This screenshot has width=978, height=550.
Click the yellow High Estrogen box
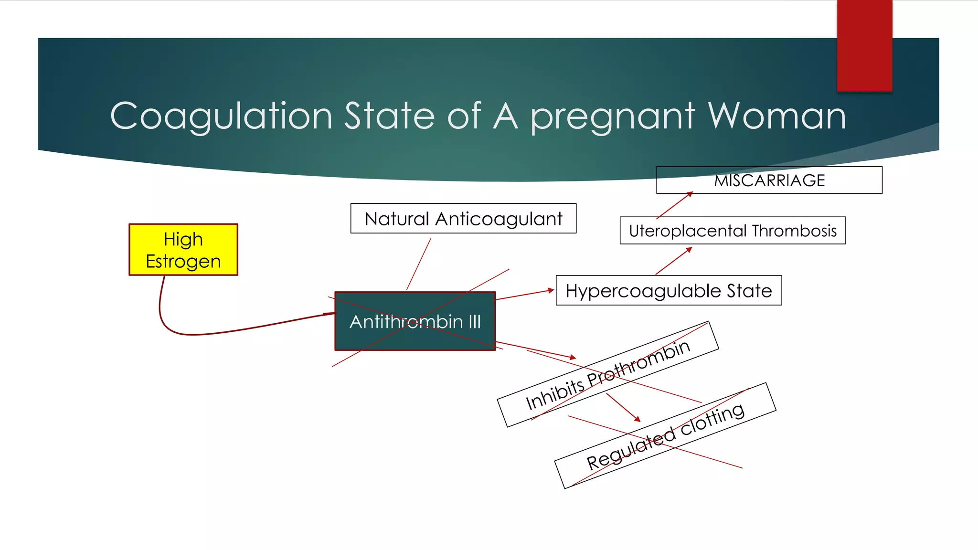point(183,250)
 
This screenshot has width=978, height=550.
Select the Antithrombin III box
point(415,321)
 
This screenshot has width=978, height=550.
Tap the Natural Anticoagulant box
point(463,219)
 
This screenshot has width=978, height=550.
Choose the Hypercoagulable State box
point(669,290)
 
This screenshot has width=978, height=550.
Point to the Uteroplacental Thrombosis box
point(733,231)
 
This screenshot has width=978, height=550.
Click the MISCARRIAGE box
point(769,180)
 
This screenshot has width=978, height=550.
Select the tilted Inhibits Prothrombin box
point(607,374)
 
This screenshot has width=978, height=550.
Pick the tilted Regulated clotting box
point(665,435)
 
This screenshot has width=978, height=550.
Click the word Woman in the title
point(777,116)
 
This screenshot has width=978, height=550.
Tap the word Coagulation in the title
point(221,116)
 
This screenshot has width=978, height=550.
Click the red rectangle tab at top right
point(864,45)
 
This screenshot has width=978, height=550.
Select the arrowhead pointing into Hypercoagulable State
point(551,290)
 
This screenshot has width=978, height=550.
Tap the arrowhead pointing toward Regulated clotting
point(637,419)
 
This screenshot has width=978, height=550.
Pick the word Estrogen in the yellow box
point(183,261)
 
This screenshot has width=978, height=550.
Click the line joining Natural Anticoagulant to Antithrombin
point(419,264)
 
